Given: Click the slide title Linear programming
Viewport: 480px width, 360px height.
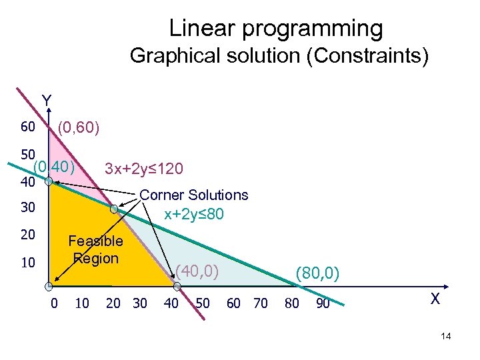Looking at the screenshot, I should click(276, 28).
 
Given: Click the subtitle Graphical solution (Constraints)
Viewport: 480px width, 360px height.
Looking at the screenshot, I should click(279, 55).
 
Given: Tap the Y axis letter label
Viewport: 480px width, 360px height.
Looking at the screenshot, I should click(46, 101).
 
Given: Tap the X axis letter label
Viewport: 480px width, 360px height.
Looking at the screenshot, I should click(435, 299).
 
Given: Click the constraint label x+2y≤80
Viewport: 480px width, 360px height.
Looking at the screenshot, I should click(194, 215).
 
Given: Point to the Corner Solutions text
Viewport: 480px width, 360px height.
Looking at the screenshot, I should click(193, 195).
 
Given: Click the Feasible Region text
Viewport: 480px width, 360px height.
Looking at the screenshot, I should click(95, 249).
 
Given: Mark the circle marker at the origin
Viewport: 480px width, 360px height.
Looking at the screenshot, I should click(49, 287).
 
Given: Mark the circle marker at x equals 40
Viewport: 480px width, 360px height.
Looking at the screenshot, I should click(177, 287).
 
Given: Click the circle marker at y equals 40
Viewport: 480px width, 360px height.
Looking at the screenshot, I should click(49, 181).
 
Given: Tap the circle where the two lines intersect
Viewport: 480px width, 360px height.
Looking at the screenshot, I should click(114, 209).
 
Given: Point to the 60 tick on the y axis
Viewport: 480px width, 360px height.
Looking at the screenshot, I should click(27, 127).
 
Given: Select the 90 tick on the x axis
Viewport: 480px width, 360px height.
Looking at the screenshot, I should click(323, 303).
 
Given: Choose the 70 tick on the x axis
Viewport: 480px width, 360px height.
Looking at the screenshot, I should click(261, 303).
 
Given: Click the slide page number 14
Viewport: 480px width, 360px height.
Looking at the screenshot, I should click(446, 337).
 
